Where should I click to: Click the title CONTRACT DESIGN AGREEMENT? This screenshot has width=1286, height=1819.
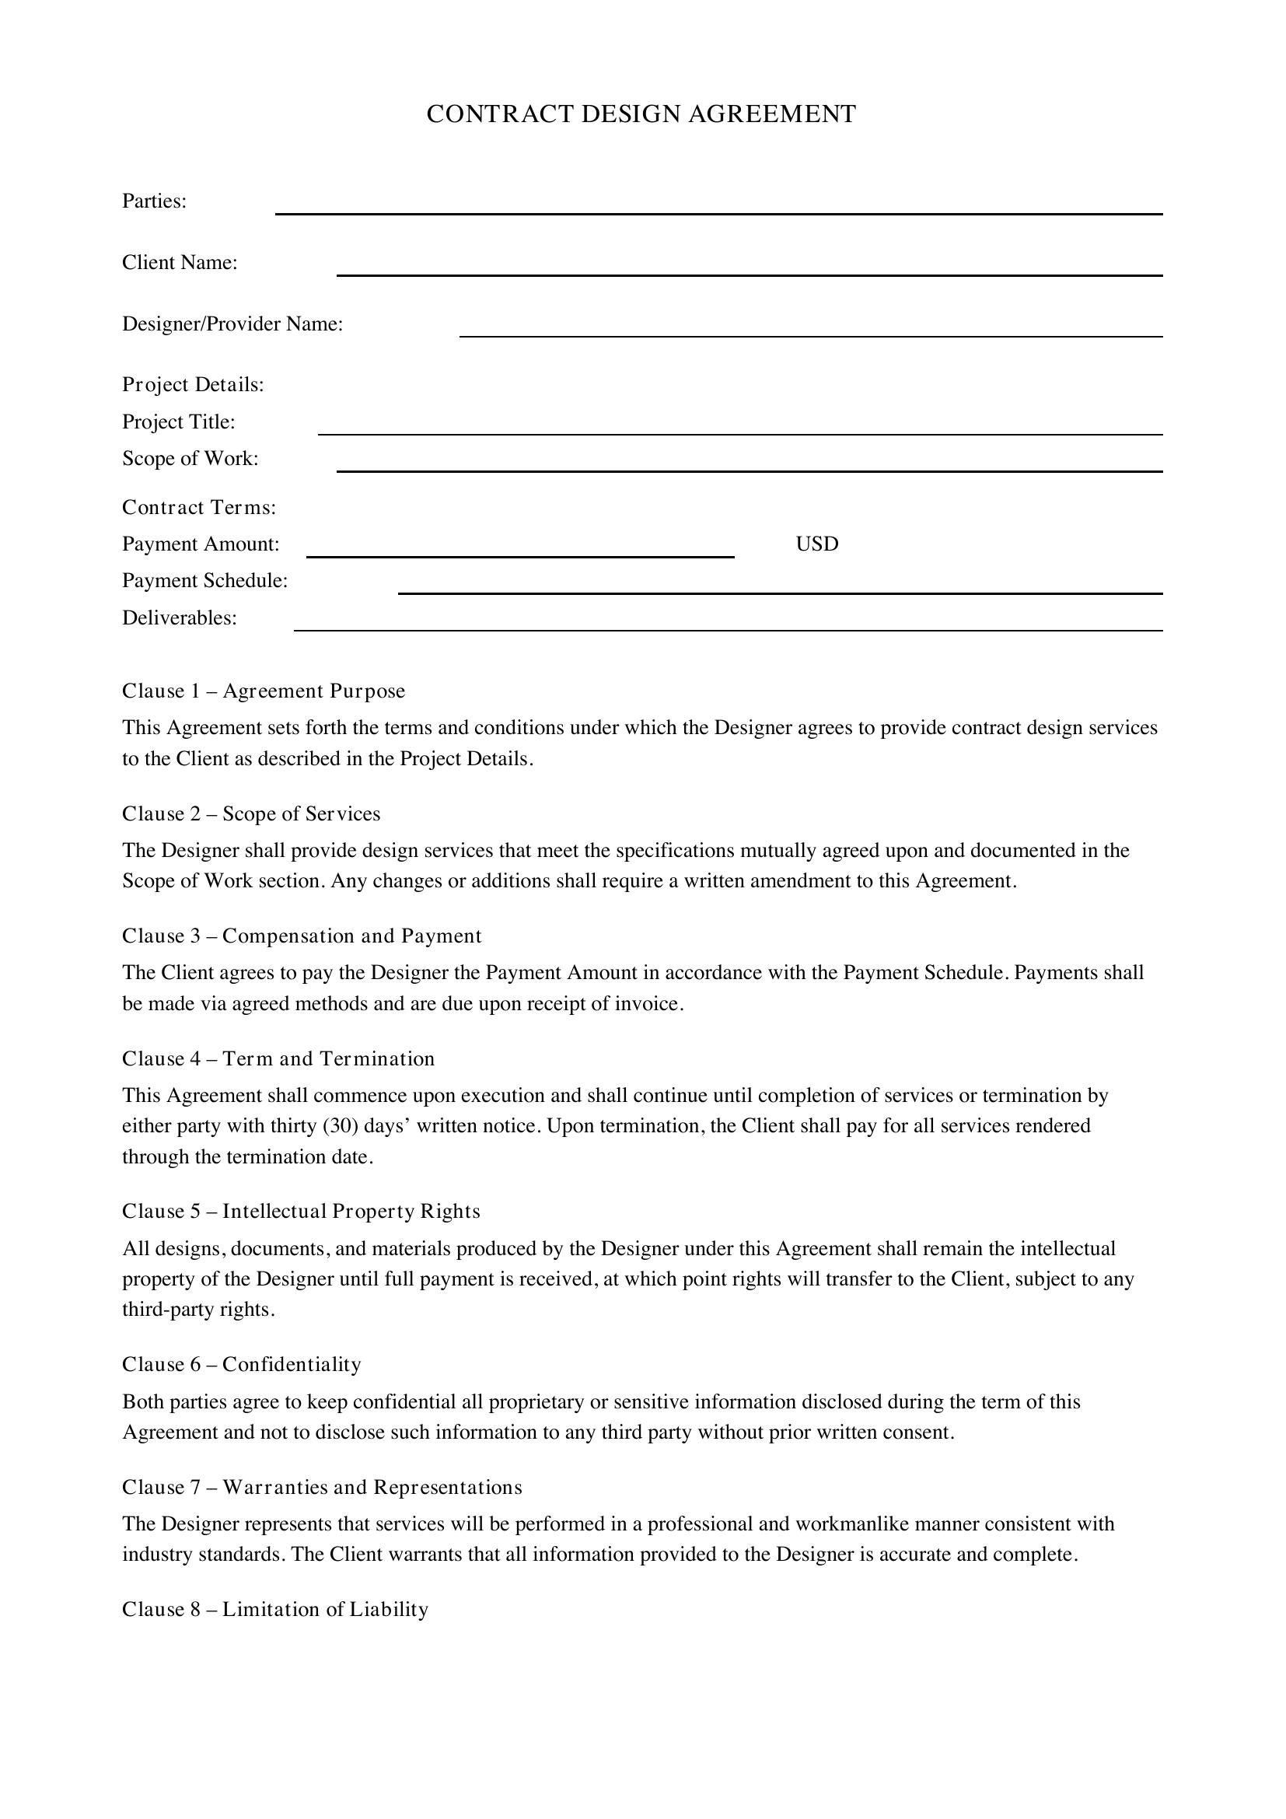tap(641, 114)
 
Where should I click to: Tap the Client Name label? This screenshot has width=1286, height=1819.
tap(180, 262)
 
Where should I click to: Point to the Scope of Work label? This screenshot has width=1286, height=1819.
tap(190, 459)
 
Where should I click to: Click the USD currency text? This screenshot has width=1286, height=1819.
tap(816, 544)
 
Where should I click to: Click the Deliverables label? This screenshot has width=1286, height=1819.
tap(180, 618)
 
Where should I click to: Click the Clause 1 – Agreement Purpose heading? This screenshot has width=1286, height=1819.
tap(263, 691)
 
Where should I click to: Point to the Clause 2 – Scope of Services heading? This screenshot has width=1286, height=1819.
tap(251, 813)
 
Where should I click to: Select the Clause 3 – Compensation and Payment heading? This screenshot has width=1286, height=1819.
tap(302, 936)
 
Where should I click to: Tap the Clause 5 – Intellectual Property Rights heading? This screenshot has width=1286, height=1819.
tap(301, 1212)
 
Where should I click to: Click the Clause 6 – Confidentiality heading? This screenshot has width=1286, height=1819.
tap(242, 1364)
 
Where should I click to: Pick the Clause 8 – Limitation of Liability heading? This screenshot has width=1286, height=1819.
tap(274, 1609)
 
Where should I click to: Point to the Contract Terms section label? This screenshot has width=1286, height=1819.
tap(199, 507)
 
